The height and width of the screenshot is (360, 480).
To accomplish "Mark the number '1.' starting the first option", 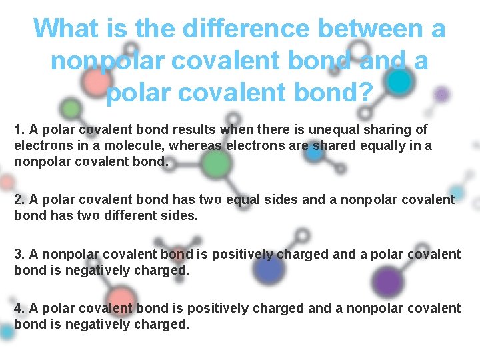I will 19,129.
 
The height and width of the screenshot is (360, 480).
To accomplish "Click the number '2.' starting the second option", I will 19,199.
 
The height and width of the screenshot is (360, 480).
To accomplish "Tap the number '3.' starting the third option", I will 19,254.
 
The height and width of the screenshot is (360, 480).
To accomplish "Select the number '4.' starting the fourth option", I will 19,308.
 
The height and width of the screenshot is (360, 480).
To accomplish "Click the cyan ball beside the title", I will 399,81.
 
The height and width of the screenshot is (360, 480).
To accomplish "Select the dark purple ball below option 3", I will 386,281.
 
